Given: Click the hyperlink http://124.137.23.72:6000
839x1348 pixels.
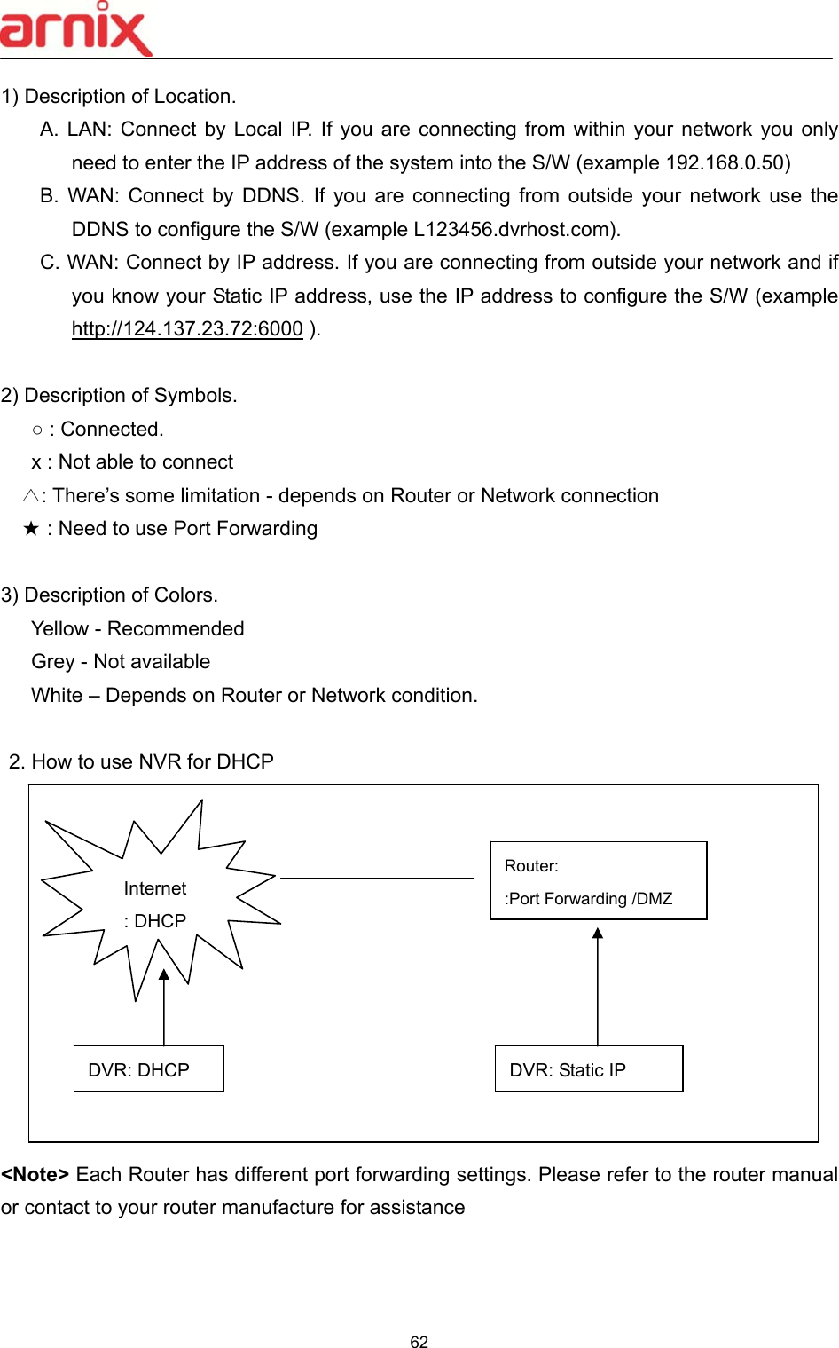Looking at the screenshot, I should pyautogui.click(x=187, y=329).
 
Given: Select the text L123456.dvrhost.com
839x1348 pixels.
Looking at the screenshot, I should pyautogui.click(x=514, y=230).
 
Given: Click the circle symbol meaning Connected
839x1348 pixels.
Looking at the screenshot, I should pyautogui.click(x=36, y=430).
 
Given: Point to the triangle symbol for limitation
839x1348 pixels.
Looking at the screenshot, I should pyautogui.click(x=31, y=496).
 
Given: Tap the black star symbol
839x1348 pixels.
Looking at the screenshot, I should pyautogui.click(x=31, y=530).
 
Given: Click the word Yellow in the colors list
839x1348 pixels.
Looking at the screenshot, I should pyautogui.click(x=59, y=629).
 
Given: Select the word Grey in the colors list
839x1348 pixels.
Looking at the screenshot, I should pyautogui.click(x=52, y=662).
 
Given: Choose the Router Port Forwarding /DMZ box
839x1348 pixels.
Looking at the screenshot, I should pyautogui.click(x=598, y=881).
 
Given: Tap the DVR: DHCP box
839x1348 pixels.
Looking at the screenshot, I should pyautogui.click(x=148, y=1069).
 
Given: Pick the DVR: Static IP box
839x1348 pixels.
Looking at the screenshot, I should pyautogui.click(x=588, y=1069).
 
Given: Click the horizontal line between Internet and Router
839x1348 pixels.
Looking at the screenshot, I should pyautogui.click(x=377, y=879).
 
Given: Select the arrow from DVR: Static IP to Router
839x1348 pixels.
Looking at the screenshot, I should pyautogui.click(x=598, y=985).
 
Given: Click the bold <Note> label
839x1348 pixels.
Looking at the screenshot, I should pyautogui.click(x=35, y=1175).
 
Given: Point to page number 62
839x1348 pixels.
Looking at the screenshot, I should pyautogui.click(x=419, y=1342).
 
